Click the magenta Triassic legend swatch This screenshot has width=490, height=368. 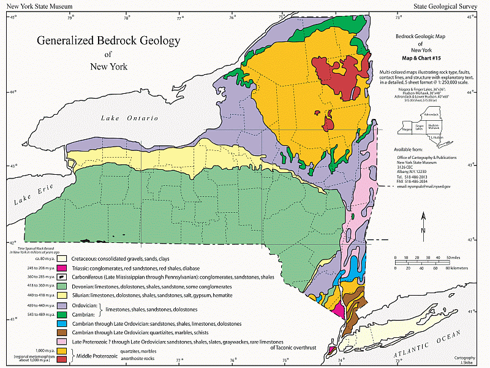(61, 268)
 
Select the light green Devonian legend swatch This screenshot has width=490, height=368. (61, 286)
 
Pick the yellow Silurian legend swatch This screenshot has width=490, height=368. (61, 296)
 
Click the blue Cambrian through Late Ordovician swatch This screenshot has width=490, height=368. (61, 323)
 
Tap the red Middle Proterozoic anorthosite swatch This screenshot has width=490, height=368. (61, 359)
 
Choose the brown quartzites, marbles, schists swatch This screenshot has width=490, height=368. (61, 332)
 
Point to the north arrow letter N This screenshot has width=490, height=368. (423, 230)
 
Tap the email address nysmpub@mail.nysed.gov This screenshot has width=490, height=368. (424, 185)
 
